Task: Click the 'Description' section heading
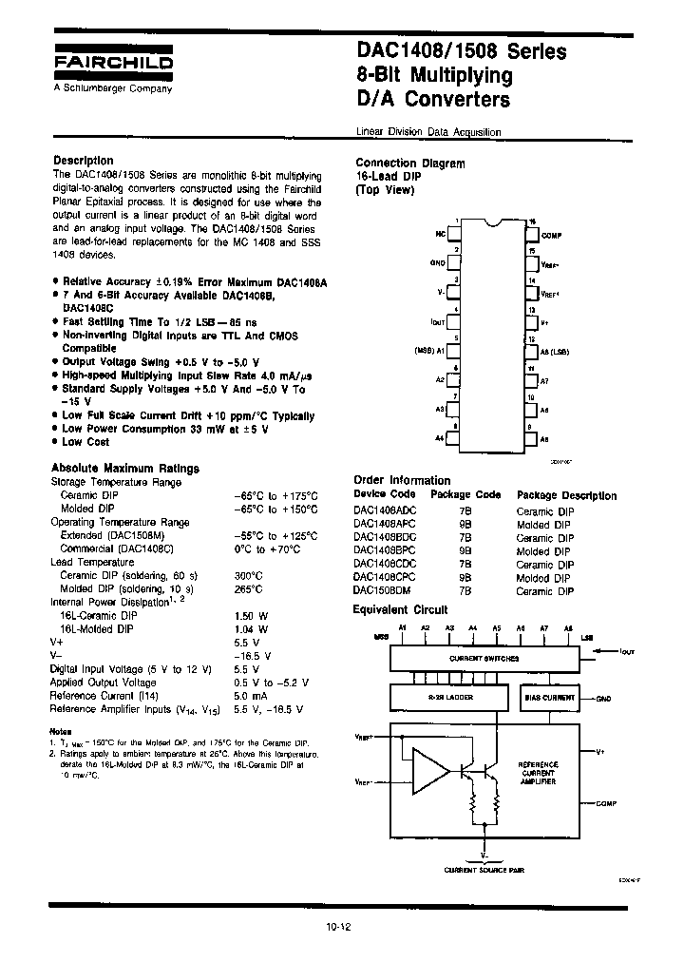click(84, 161)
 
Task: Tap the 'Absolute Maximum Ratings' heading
click(124, 469)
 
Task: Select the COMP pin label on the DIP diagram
click(552, 234)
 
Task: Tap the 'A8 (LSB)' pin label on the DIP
click(555, 351)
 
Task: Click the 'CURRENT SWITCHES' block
click(484, 658)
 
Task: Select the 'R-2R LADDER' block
click(453, 697)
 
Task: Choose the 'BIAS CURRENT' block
click(550, 697)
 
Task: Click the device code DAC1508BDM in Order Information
click(384, 591)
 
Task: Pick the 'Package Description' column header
click(566, 495)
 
